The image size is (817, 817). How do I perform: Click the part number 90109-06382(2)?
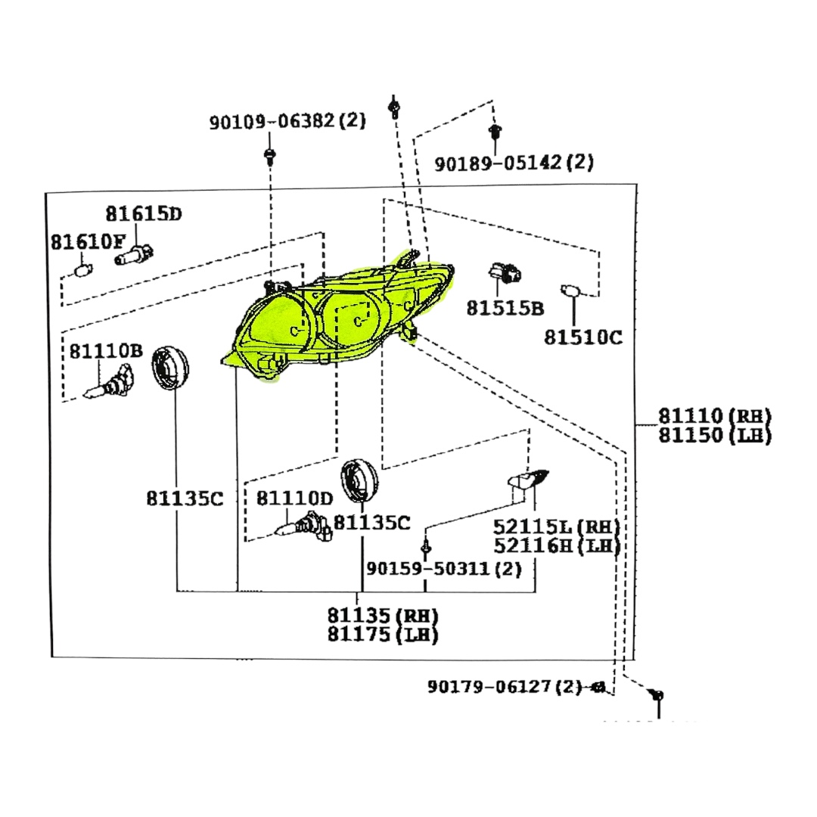pos(287,121)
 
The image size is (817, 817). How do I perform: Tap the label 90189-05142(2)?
pos(514,162)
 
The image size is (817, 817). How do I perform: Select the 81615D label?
pos(144,214)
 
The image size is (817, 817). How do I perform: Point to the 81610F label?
pos(88,242)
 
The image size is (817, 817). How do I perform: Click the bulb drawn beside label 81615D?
pos(135,254)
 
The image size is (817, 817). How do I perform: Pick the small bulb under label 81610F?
pos(83,269)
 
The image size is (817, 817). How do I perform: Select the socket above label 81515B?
pos(500,275)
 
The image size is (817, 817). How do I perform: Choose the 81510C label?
pos(583,337)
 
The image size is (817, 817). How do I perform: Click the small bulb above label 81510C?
pos(572,290)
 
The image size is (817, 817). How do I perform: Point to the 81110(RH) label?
pos(714,415)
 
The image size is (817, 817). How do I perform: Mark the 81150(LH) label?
pos(714,435)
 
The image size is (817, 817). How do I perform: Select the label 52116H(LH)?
pos(556,545)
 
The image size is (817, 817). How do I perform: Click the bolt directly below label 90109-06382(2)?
pos(269,157)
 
